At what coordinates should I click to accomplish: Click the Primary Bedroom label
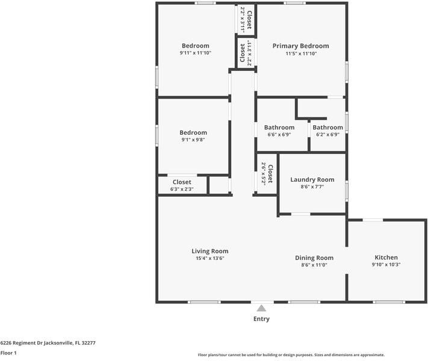click(x=300, y=46)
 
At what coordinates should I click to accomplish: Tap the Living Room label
click(x=210, y=251)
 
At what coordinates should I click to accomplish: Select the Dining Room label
click(x=314, y=258)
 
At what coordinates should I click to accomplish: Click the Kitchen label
click(x=386, y=257)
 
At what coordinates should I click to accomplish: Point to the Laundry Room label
click(x=312, y=179)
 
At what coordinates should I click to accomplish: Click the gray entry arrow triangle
click(x=261, y=307)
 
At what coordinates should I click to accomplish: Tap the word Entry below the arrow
click(x=261, y=319)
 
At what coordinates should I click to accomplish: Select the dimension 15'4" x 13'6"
click(x=210, y=258)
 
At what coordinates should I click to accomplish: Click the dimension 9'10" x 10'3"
click(x=386, y=264)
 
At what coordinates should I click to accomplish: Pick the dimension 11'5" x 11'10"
click(x=300, y=54)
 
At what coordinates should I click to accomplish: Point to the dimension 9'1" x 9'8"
click(x=193, y=140)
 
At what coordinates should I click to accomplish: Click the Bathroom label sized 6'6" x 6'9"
click(x=279, y=128)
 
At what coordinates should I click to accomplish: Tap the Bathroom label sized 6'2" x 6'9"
click(x=327, y=128)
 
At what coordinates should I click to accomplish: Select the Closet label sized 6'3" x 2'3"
click(x=182, y=182)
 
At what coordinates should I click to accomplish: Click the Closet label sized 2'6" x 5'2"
click(x=270, y=174)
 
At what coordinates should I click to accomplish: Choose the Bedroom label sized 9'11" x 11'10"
click(x=196, y=46)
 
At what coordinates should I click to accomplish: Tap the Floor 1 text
click(x=8, y=353)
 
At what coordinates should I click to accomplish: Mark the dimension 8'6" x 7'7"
click(x=312, y=187)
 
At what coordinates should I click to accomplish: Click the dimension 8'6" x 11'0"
click(x=314, y=265)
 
